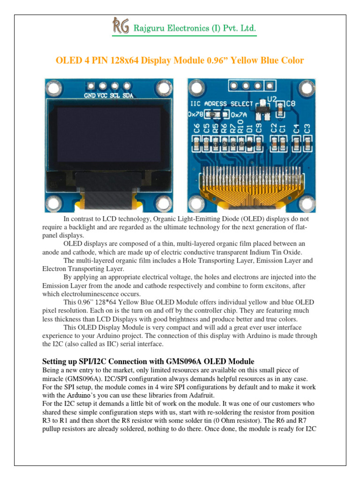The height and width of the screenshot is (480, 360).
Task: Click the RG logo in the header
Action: [x=120, y=26]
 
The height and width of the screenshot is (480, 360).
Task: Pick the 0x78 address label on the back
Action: [x=195, y=114]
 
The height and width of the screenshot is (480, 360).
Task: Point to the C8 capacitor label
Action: [x=290, y=103]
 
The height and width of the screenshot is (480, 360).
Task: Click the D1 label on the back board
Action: [x=249, y=128]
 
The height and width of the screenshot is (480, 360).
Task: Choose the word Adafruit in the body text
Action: [x=201, y=395]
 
